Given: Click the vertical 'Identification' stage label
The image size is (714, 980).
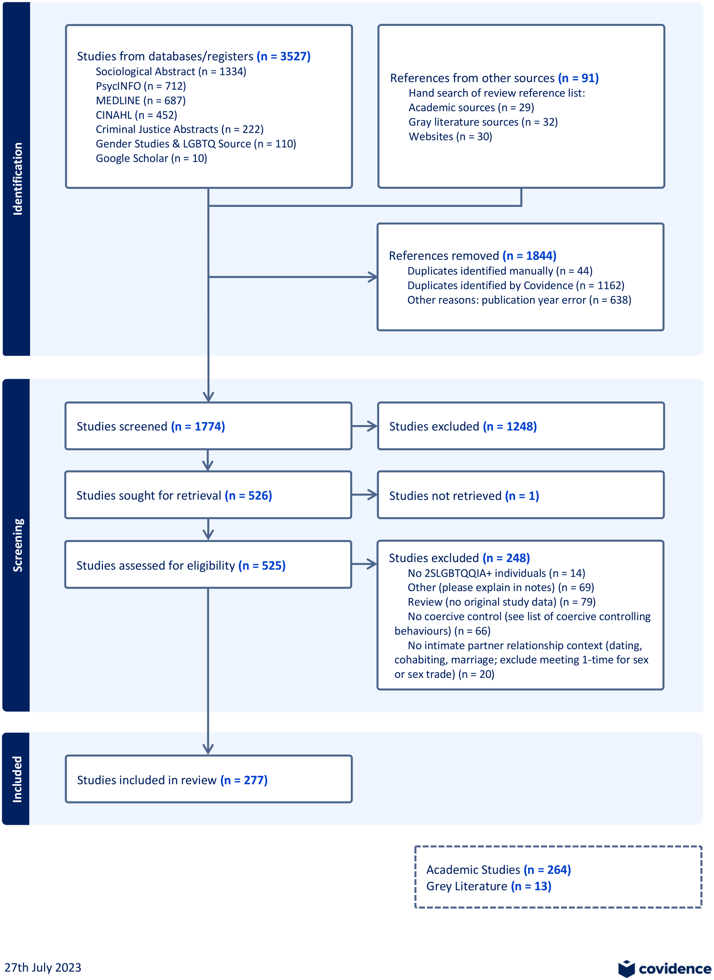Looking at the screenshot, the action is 17,178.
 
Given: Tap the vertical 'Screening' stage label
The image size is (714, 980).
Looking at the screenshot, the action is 17,545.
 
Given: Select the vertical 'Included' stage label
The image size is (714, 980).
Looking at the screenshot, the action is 17,779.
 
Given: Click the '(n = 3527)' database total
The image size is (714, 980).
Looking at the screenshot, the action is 284,56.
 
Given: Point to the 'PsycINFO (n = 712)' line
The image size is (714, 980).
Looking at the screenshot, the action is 141,86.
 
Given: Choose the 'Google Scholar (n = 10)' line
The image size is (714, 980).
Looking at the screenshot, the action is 151,158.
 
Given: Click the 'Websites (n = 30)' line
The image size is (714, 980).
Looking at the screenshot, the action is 450,137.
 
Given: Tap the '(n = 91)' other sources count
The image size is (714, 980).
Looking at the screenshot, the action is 578,78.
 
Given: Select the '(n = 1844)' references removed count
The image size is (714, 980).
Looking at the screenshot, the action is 530,256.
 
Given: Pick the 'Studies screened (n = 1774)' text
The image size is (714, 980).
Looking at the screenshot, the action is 151,427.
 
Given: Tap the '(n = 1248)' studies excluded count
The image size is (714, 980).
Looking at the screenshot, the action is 510,427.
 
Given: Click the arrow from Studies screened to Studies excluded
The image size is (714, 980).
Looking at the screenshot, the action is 365,426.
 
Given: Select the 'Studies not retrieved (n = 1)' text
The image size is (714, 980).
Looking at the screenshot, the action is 464,496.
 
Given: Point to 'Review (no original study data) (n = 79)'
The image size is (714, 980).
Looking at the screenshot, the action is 502,602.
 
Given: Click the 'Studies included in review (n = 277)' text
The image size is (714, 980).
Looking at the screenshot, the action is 172,780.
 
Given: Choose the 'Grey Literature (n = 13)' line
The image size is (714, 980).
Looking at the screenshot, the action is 489,886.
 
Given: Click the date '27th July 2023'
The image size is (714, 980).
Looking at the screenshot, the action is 43,967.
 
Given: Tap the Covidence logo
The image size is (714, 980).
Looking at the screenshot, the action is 665,968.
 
